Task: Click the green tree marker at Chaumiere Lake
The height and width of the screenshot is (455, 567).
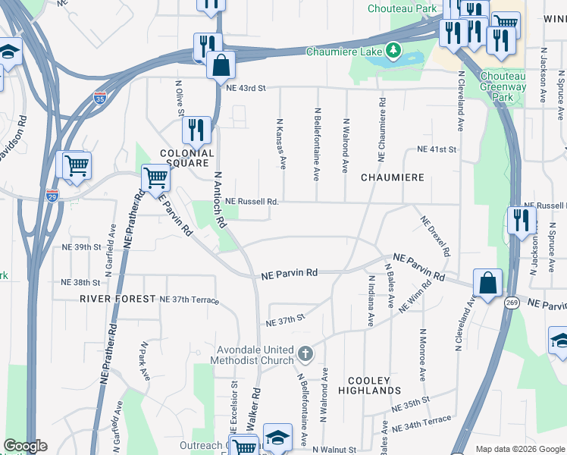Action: [393, 52]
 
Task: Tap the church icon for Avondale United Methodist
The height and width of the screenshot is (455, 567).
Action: [305, 354]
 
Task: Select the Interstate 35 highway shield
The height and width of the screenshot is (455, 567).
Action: [99, 98]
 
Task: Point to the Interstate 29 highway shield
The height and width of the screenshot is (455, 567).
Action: [52, 195]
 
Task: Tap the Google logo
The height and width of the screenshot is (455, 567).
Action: [25, 446]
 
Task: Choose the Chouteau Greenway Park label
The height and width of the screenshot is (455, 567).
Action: [503, 87]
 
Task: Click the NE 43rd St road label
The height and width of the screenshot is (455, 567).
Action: [246, 88]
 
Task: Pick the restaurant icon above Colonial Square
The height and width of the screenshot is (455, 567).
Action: [196, 130]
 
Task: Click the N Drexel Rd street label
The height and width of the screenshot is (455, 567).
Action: [436, 235]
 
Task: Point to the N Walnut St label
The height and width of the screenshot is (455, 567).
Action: [334, 450]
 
